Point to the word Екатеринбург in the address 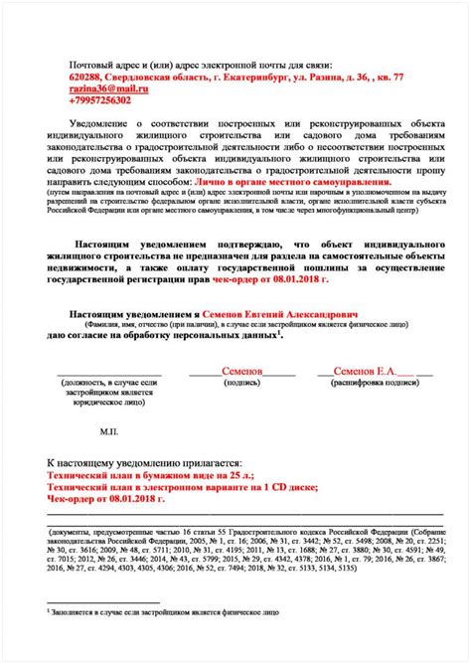pos(218,77)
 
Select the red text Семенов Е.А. pos(365,370)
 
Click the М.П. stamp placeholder pos(109,432)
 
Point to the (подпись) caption pos(240,381)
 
